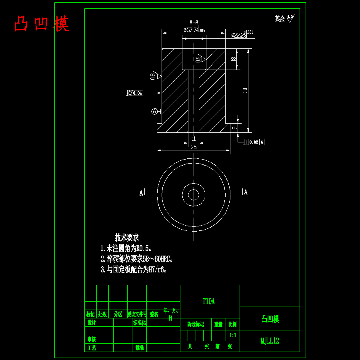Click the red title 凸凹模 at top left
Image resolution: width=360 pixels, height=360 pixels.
pyautogui.click(x=42, y=24)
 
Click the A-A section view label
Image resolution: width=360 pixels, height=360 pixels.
pyautogui.click(x=194, y=22)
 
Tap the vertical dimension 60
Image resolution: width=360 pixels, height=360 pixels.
pyautogui.click(x=245, y=91)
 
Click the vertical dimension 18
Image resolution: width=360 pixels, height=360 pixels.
pyautogui.click(x=234, y=59)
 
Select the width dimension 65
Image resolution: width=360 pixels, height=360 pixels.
pyautogui.click(x=194, y=147)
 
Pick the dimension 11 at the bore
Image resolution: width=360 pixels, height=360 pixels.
pyautogui.click(x=194, y=139)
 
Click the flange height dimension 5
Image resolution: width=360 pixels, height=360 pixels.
pyautogui.click(x=235, y=128)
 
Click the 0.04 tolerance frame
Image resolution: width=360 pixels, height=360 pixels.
pyautogui.click(x=135, y=93)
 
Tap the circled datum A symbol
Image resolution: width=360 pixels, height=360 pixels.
pyautogui.click(x=154, y=112)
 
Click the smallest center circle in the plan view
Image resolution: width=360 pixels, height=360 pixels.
pyautogui.click(x=194, y=195)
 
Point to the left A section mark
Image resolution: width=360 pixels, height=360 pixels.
pyautogui.click(x=141, y=193)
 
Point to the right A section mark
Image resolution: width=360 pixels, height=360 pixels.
pyautogui.click(x=246, y=192)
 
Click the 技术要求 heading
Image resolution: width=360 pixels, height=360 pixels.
pyautogui.click(x=127, y=237)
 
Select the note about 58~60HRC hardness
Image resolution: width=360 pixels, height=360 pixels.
pyautogui.click(x=136, y=259)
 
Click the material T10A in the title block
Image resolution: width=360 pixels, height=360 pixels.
pyautogui.click(x=209, y=301)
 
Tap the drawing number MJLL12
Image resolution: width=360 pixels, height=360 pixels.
pyautogui.click(x=270, y=341)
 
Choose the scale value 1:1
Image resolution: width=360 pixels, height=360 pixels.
pyautogui.click(x=232, y=335)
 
